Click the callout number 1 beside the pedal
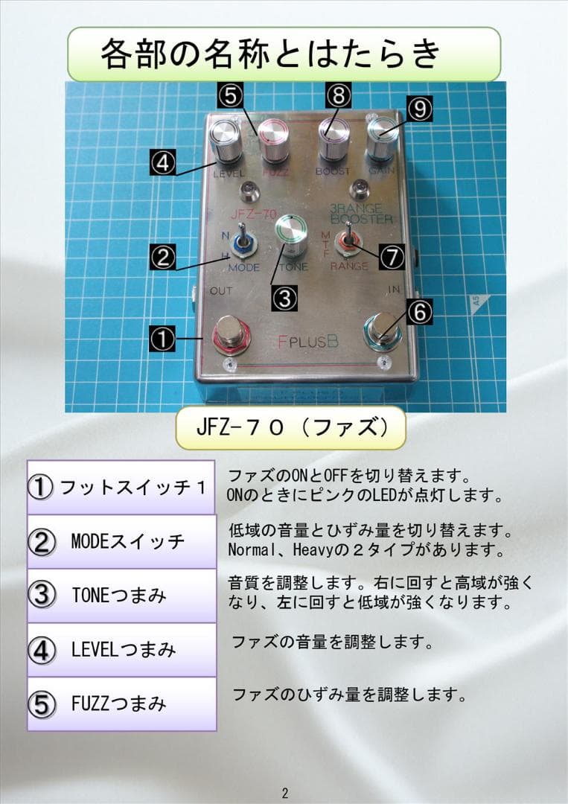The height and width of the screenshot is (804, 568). [162, 339]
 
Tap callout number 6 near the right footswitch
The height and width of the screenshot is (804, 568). [419, 313]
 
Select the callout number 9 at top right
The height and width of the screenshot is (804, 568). [420, 109]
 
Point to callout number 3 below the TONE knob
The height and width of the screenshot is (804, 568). [284, 298]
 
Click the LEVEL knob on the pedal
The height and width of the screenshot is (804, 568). [223, 142]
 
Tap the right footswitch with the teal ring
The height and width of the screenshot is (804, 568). [383, 329]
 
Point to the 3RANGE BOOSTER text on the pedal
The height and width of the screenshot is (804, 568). [361, 214]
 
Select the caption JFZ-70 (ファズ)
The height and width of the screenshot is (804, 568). [290, 428]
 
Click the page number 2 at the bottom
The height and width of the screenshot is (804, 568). [284, 792]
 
